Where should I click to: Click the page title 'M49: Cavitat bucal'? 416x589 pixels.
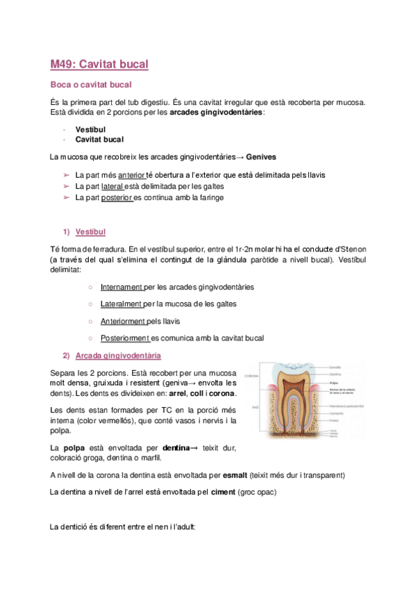(x=99, y=65)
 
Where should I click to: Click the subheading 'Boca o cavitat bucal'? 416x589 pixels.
(x=91, y=85)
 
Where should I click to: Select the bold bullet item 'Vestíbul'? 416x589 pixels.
(x=90, y=129)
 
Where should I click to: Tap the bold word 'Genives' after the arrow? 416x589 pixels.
(x=261, y=157)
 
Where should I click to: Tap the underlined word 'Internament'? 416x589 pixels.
(x=122, y=286)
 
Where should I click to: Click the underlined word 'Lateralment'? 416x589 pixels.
(x=122, y=304)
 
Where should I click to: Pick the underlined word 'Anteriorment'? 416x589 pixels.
(x=123, y=321)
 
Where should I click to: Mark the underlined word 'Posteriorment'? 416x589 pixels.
(x=125, y=338)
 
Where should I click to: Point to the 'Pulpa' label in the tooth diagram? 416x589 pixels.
(x=333, y=382)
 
